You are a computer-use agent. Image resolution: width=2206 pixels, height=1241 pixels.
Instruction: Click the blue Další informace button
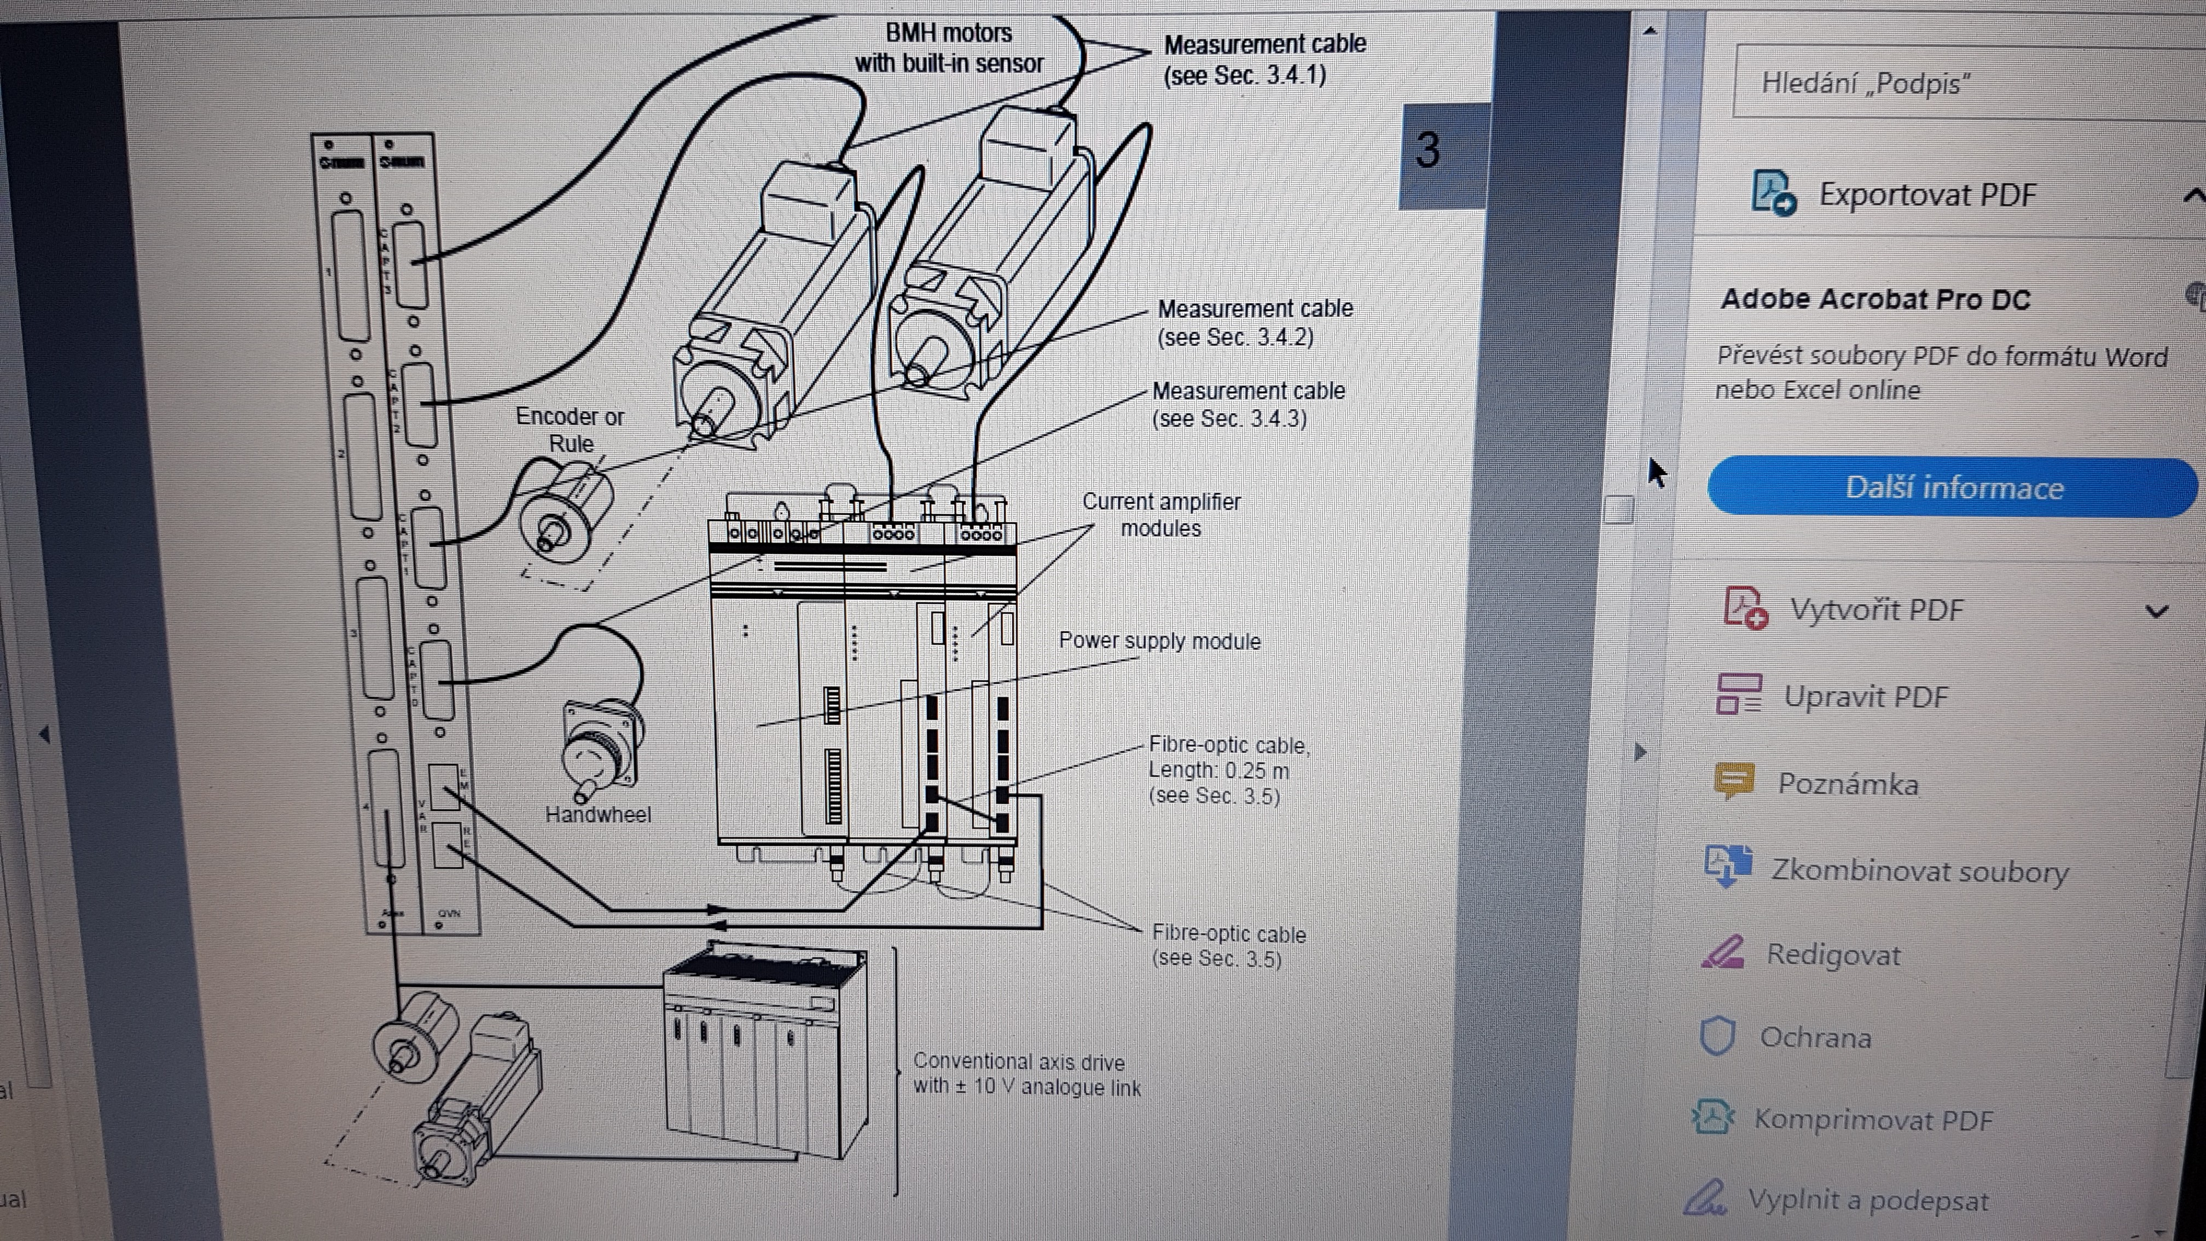point(1953,488)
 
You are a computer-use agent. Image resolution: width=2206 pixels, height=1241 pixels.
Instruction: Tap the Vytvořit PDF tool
point(1876,610)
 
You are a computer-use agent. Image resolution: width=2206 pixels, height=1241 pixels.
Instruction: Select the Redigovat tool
point(1833,954)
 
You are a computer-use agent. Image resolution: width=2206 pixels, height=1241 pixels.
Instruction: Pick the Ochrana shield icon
point(1717,1036)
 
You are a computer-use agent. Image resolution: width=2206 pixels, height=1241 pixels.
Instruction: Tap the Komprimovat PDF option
point(1873,1120)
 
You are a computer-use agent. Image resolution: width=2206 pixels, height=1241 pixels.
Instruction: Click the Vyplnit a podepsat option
point(1867,1200)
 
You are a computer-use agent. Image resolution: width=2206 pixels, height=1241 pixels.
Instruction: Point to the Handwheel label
point(598,815)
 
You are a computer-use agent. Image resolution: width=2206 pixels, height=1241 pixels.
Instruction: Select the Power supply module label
point(1159,641)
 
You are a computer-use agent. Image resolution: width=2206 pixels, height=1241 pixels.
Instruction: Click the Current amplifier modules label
point(1161,515)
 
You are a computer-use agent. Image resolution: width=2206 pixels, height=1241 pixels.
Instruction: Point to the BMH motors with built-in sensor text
point(949,48)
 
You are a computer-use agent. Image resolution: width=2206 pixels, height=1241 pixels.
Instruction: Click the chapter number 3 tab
point(1427,152)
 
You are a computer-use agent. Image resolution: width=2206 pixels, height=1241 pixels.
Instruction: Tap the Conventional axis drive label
point(1026,1074)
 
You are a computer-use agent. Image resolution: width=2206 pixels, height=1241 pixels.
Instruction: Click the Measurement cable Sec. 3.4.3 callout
point(1248,404)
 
